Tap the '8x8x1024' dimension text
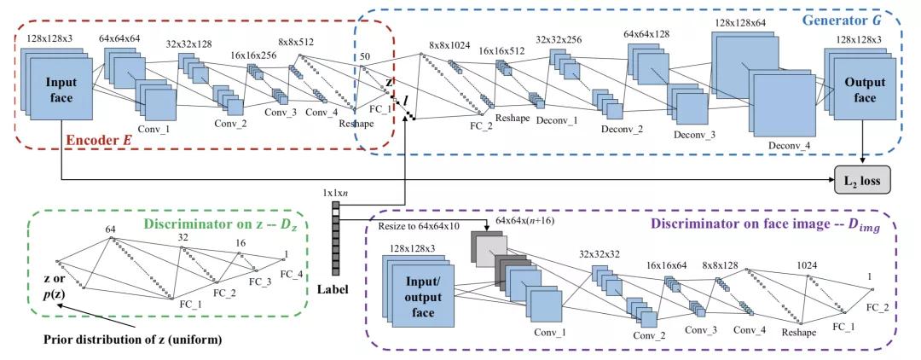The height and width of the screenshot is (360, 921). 449,44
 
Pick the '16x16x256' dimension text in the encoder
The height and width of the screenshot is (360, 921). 252,55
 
